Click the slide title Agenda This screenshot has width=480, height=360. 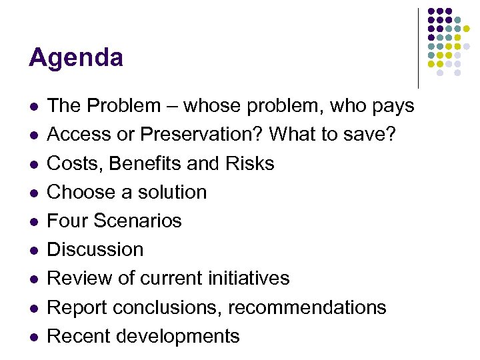[76, 59]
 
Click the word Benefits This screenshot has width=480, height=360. [149, 163]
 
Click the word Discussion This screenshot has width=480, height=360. [95, 249]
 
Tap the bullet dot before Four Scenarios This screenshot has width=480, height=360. [34, 221]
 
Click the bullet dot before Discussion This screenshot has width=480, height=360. [34, 250]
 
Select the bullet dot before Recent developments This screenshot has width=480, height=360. [34, 337]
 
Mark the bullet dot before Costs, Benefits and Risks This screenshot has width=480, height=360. [34, 164]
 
